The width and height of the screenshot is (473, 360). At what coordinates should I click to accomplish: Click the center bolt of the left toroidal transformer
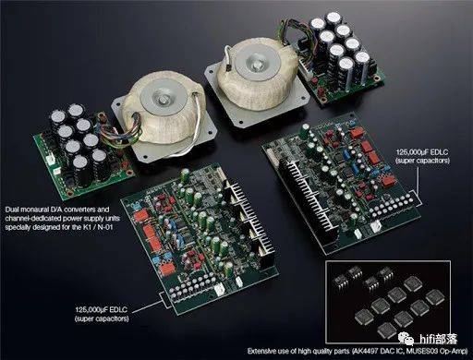163,99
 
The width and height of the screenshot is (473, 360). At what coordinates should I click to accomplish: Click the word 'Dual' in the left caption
12,210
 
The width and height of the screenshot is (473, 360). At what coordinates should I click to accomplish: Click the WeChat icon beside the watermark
406,339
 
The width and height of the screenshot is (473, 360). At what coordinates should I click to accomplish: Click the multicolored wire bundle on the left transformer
119,132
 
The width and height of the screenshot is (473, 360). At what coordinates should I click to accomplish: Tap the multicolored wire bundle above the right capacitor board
296,34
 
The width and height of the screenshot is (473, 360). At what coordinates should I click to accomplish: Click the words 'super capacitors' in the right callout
423,161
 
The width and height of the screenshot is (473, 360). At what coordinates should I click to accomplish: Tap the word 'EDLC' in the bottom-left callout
118,309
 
